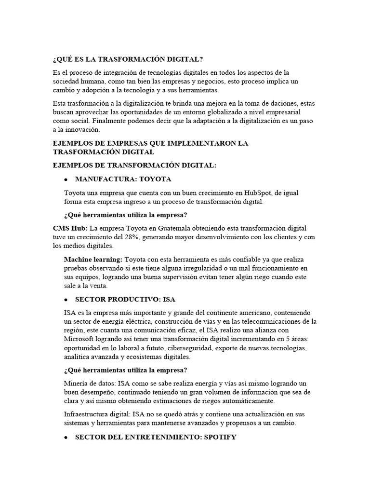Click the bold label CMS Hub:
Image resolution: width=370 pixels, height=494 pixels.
coord(70,228)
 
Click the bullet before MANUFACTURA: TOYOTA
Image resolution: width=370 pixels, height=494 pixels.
coord(65,179)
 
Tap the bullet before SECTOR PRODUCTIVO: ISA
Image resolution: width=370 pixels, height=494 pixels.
coord(65,299)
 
